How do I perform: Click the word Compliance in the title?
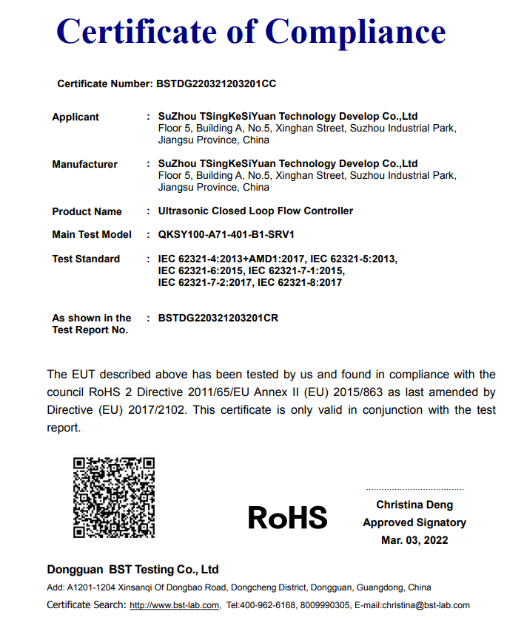click(x=355, y=32)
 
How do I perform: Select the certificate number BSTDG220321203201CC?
click(x=216, y=84)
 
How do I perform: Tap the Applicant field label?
click(x=75, y=117)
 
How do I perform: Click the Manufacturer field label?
click(x=84, y=165)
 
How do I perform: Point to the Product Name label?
click(x=87, y=212)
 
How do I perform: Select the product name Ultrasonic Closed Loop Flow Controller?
click(x=255, y=211)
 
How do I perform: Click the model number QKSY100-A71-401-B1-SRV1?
click(x=226, y=235)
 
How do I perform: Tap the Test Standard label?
click(x=86, y=259)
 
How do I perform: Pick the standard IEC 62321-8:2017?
click(x=300, y=283)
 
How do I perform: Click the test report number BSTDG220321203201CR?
click(x=218, y=318)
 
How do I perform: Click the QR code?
click(x=113, y=497)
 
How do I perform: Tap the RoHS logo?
click(x=287, y=518)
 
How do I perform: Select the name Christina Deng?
click(x=414, y=505)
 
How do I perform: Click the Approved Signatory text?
click(x=414, y=523)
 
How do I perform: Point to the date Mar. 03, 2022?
click(x=414, y=541)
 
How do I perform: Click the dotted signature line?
click(x=414, y=490)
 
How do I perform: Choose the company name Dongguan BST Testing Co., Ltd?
click(x=133, y=570)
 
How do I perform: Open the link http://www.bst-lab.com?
click(x=175, y=606)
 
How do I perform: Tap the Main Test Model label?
click(x=92, y=235)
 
